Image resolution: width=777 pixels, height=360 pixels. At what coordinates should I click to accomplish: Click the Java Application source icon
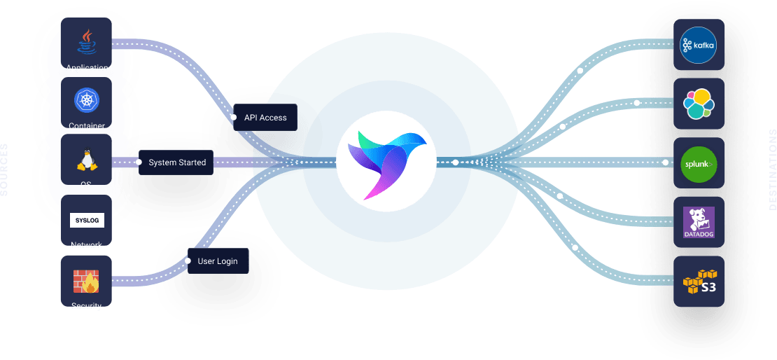point(87,42)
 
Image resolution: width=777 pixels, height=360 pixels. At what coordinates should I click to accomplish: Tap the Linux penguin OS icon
point(87,161)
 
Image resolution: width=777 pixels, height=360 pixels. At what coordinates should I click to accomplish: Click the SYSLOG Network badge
point(87,221)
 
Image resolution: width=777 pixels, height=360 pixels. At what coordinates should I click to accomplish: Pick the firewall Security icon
point(86,282)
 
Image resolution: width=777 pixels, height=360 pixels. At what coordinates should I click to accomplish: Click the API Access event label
point(265,118)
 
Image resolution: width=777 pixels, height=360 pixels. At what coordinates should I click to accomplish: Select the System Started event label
point(177,162)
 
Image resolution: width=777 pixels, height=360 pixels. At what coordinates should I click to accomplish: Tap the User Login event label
point(218,261)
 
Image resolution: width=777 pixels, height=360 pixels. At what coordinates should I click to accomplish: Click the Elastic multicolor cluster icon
point(699,104)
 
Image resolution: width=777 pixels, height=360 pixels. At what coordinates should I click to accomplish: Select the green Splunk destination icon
point(699,163)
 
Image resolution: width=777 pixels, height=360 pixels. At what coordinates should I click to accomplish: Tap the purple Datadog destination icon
point(699,222)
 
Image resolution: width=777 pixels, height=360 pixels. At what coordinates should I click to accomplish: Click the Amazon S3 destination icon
point(699,282)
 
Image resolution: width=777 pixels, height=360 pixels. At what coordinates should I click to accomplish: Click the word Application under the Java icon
point(87,68)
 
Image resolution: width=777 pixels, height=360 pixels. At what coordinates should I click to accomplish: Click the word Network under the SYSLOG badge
point(87,245)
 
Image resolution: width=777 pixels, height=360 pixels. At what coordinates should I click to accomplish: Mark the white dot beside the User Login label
point(188,261)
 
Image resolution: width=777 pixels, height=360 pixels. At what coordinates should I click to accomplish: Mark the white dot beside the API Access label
point(234,118)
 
